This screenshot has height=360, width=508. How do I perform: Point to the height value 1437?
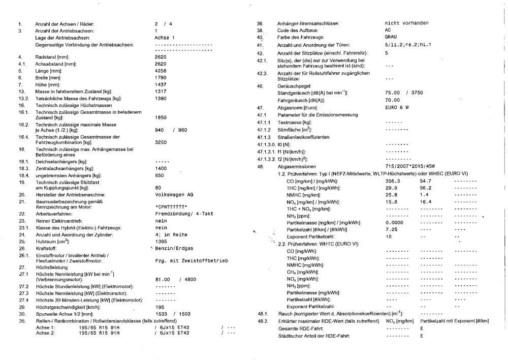(x=161, y=84)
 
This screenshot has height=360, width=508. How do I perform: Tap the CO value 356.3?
(x=393, y=181)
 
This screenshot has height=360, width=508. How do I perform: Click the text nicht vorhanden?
(x=406, y=23)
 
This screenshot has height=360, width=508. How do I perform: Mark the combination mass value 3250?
(x=161, y=142)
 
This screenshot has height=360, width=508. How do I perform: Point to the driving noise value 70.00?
(x=392, y=100)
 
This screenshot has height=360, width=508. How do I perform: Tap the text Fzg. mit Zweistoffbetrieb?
(x=191, y=260)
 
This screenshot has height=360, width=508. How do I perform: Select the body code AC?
(x=388, y=30)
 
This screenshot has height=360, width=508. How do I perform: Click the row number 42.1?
(x=262, y=61)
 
